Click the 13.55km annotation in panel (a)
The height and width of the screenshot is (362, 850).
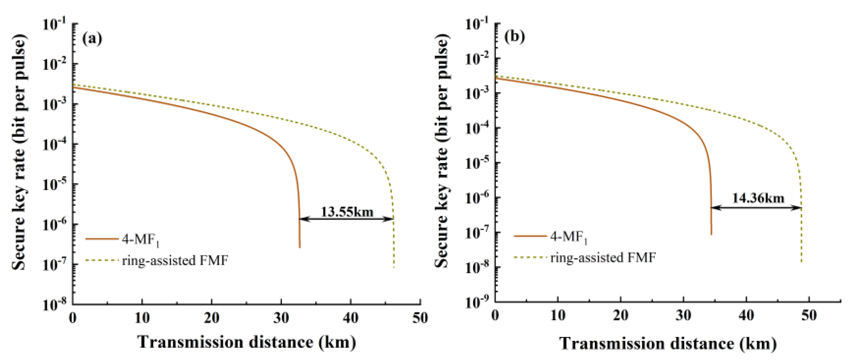pyautogui.click(x=347, y=212)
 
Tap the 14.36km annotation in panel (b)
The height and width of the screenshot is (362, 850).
pyautogui.click(x=758, y=198)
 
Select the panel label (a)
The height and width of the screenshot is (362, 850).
pyautogui.click(x=92, y=38)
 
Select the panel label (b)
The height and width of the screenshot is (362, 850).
pyautogui.click(x=514, y=36)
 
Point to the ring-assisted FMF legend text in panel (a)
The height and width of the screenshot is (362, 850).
pyautogui.click(x=175, y=261)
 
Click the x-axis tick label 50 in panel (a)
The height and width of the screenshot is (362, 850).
pyautogui.click(x=420, y=318)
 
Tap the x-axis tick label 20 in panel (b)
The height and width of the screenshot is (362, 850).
pyautogui.click(x=620, y=316)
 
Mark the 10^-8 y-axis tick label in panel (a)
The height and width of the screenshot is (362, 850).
pyautogui.click(x=54, y=304)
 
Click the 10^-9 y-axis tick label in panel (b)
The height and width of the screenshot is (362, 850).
pyautogui.click(x=477, y=302)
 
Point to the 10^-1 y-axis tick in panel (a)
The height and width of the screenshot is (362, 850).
pyautogui.click(x=54, y=24)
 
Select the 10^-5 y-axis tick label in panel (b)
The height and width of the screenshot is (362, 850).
pyautogui.click(x=477, y=163)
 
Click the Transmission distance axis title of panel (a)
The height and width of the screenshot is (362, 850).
pyautogui.click(x=246, y=342)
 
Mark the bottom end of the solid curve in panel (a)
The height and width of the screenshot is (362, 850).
pyautogui.click(x=300, y=247)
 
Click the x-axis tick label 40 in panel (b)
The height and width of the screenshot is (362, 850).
pyautogui.click(x=746, y=316)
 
